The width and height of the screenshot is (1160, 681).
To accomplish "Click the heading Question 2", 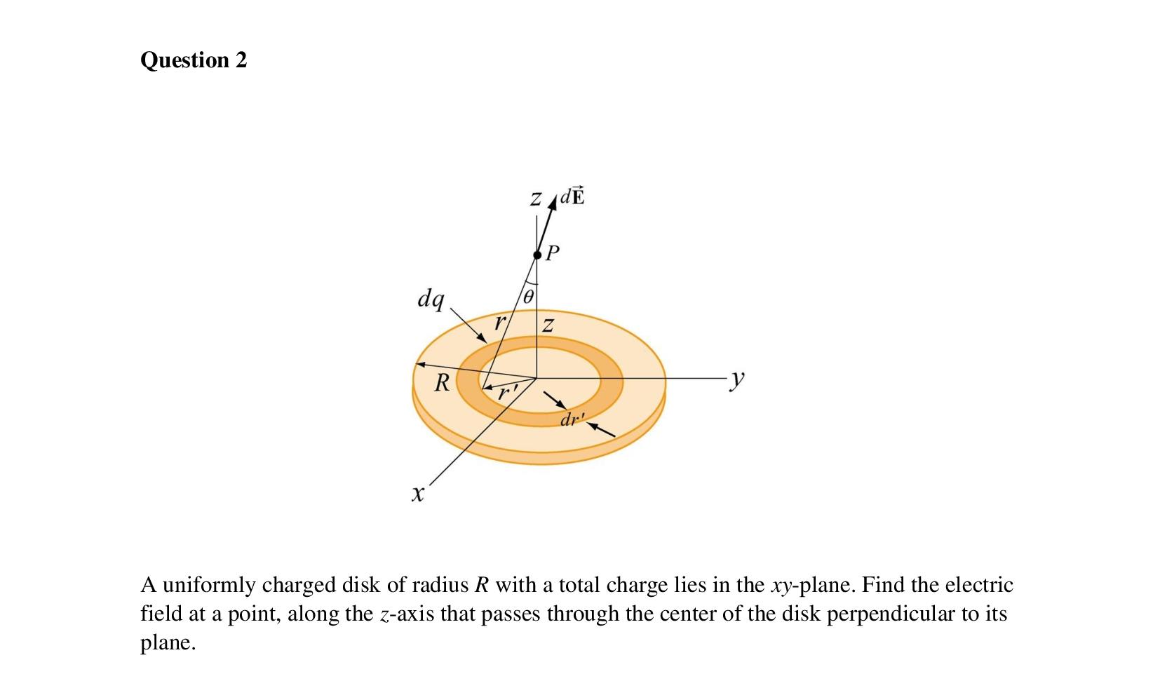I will point(194,60).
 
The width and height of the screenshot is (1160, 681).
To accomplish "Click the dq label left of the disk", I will point(431,299).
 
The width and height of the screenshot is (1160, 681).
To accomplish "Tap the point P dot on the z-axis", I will point(537,255).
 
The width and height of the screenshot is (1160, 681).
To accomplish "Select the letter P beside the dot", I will point(553,252).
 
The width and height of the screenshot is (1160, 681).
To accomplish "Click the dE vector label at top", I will point(573,196).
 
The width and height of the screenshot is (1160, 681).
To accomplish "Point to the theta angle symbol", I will point(530,296).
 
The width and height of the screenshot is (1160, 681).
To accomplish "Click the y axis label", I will point(736,379).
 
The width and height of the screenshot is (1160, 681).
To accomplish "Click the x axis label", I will point(418,494).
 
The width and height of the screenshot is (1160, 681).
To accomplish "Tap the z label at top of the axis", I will point(536,199).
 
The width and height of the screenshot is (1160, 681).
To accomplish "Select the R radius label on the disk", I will point(442,383).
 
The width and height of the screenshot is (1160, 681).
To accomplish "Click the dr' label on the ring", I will point(572,420).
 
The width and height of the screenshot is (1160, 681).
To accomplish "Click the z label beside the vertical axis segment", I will point(548,325).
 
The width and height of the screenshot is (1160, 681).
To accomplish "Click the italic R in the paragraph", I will point(481,585).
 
